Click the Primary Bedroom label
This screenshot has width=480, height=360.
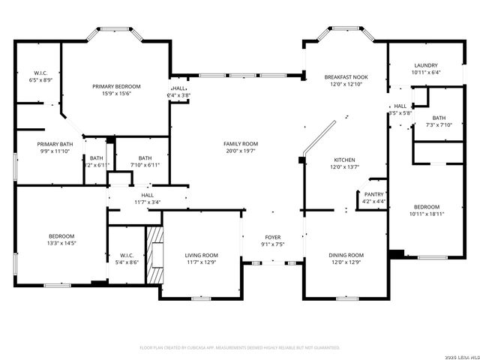pos(116,87)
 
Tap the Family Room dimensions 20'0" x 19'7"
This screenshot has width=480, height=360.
pos(240,151)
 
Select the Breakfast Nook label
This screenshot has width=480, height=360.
pos(346,77)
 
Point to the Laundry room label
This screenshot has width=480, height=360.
pos(426,65)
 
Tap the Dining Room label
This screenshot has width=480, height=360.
pos(346,255)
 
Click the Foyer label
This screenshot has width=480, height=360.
pos(273,237)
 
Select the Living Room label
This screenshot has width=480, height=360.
pos(202,255)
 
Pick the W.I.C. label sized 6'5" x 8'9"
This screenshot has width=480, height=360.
pos(41,73)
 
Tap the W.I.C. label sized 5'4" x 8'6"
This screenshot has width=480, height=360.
pos(125,255)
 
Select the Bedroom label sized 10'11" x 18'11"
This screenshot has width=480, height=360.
pos(426,206)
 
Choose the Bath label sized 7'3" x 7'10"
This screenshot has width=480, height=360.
pos(438,118)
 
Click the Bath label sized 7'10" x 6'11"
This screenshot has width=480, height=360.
pos(145,157)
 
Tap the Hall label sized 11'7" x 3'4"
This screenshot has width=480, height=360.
pos(148,195)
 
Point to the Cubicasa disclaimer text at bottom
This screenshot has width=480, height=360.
pos(240,348)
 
